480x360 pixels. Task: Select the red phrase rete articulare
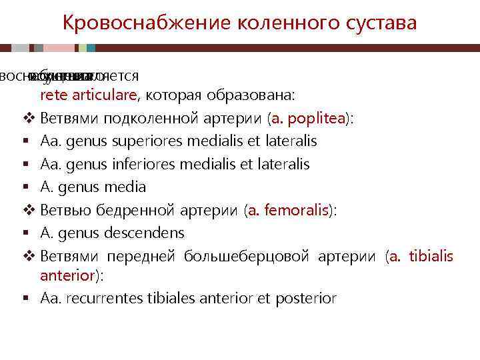point(88,95)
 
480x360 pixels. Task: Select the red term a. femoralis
point(289,210)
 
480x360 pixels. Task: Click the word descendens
point(153,233)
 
